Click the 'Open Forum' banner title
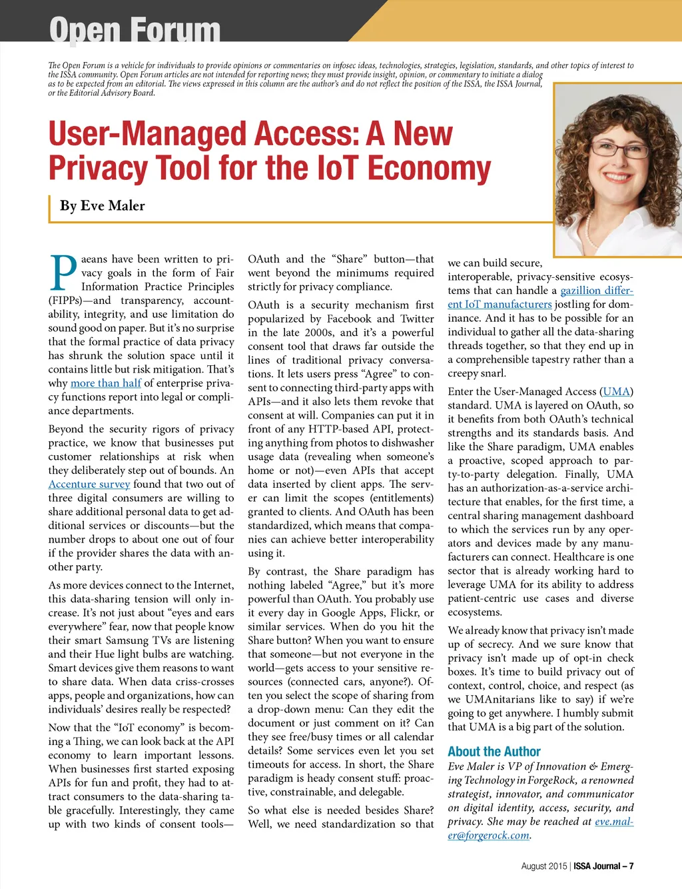click(135, 29)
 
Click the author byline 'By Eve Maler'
click(102, 206)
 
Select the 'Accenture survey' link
click(89, 484)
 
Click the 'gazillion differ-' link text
click(596, 291)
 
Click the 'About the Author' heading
click(494, 752)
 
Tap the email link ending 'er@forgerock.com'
click(488, 836)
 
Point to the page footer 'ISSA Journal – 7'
click(603, 866)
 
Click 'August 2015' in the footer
click(543, 866)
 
